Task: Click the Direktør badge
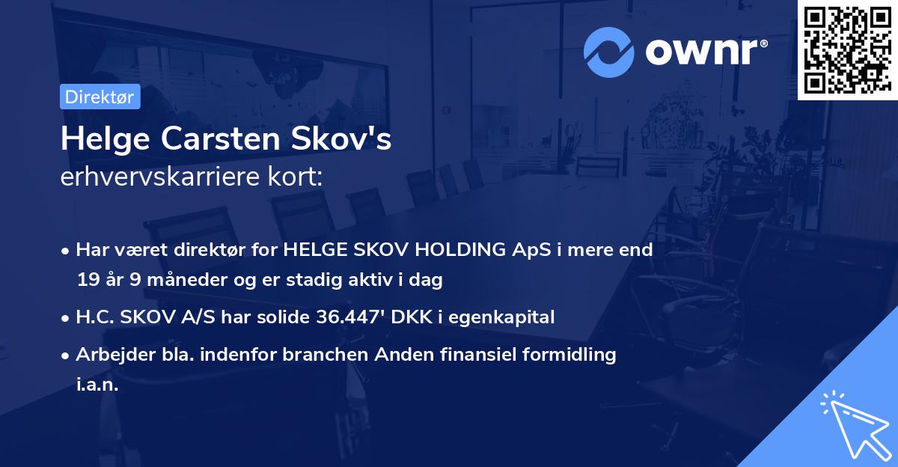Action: point(99,97)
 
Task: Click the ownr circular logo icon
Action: point(608,52)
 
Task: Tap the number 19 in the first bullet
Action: point(86,281)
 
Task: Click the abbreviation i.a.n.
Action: point(97,385)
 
